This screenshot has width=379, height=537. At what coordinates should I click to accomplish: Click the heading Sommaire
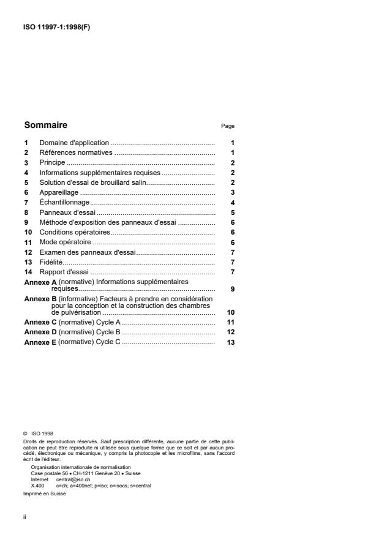(x=45, y=125)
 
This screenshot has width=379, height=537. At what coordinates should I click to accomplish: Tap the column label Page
(x=228, y=126)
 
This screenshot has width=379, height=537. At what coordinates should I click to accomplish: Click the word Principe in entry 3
(x=51, y=162)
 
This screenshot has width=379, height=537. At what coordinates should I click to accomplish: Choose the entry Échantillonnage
(x=64, y=202)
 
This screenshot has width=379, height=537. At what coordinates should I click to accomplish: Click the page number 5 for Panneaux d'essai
(x=233, y=212)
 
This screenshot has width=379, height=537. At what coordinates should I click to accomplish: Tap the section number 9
(x=26, y=222)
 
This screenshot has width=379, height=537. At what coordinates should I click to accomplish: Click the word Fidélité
(x=51, y=262)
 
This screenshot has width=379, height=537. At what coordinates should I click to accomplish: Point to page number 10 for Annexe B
(x=231, y=312)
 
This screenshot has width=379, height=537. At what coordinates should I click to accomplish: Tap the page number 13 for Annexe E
(x=231, y=342)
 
